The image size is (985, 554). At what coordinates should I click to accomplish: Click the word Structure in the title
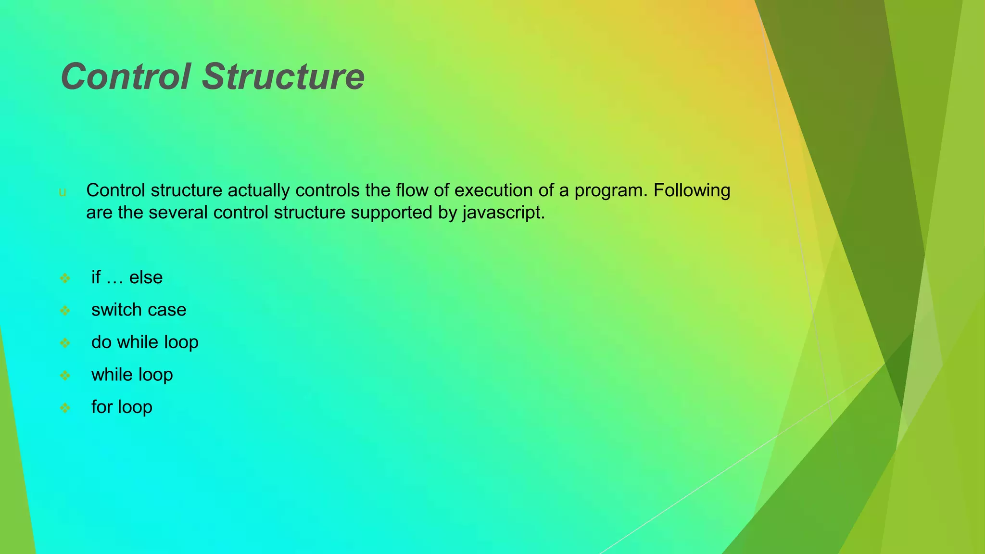283,77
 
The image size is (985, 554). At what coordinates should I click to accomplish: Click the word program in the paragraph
611,191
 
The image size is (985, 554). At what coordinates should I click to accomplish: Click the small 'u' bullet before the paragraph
62,192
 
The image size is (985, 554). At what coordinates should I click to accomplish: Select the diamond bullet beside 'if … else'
65,278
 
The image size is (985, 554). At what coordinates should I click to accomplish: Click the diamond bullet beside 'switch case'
65,311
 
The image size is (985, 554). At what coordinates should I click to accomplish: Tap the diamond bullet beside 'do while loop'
65,343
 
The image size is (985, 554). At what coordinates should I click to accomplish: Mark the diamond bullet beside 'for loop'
65,408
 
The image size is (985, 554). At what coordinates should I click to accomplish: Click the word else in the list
146,277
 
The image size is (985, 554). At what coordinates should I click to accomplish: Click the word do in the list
101,342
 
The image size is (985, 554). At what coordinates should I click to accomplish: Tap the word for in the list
102,407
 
